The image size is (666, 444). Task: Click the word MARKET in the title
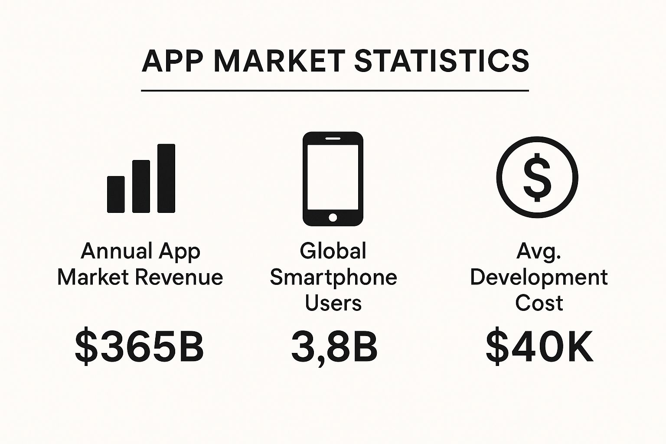(x=280, y=61)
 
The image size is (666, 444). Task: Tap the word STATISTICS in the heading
(x=442, y=61)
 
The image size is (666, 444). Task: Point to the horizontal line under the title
(x=335, y=90)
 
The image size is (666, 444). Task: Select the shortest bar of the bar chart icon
(x=116, y=195)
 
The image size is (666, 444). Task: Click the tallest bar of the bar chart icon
(x=166, y=179)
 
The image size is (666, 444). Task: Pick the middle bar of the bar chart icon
(x=141, y=186)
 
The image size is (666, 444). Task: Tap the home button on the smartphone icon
(x=333, y=217)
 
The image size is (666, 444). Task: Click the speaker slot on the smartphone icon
(x=333, y=138)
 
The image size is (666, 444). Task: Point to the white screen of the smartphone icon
(x=333, y=177)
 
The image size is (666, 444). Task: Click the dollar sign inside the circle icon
(x=537, y=177)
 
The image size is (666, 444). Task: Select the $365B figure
(x=140, y=347)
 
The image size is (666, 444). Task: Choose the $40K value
(x=539, y=347)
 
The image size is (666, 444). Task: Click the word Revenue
(x=179, y=277)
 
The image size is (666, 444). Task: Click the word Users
(x=333, y=303)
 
